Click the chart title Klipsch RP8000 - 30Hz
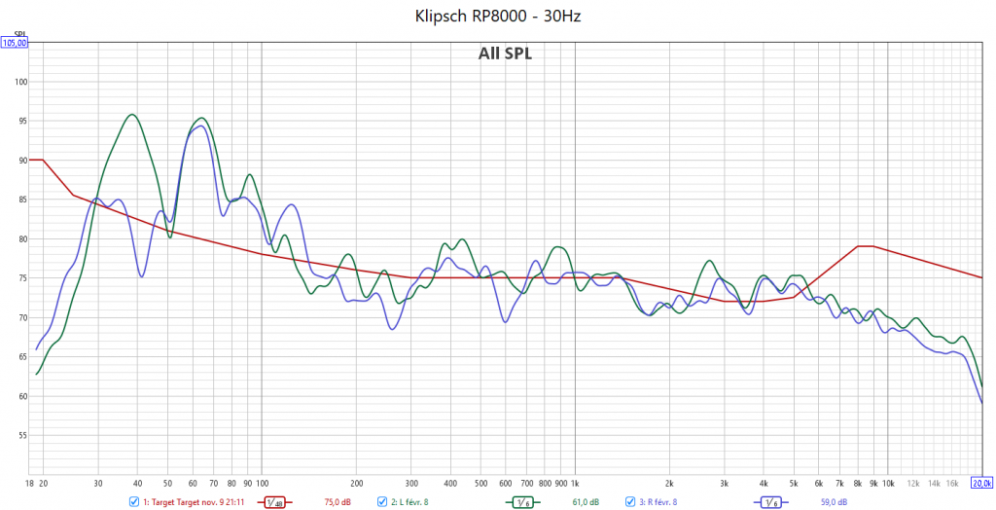click(x=498, y=16)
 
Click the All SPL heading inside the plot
click(x=505, y=54)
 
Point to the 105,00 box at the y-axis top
click(x=15, y=43)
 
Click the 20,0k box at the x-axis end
click(x=981, y=482)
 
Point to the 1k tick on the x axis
click(x=575, y=482)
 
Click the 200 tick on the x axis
click(x=356, y=482)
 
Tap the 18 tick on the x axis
click(x=30, y=482)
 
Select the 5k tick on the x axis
click(x=794, y=482)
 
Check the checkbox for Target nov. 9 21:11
click(x=134, y=502)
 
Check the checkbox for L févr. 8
click(x=382, y=502)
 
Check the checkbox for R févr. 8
click(x=630, y=502)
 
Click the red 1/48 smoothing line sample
click(x=277, y=502)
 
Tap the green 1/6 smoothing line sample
click(x=524, y=502)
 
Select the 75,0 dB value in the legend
click(x=335, y=502)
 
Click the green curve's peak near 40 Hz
click(x=132, y=115)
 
